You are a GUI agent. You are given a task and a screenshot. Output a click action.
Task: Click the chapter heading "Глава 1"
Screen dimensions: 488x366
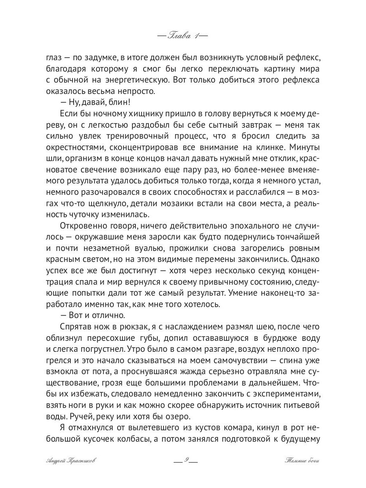point(182,35)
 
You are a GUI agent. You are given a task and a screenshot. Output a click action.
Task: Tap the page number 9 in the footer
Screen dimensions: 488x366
point(185,460)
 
